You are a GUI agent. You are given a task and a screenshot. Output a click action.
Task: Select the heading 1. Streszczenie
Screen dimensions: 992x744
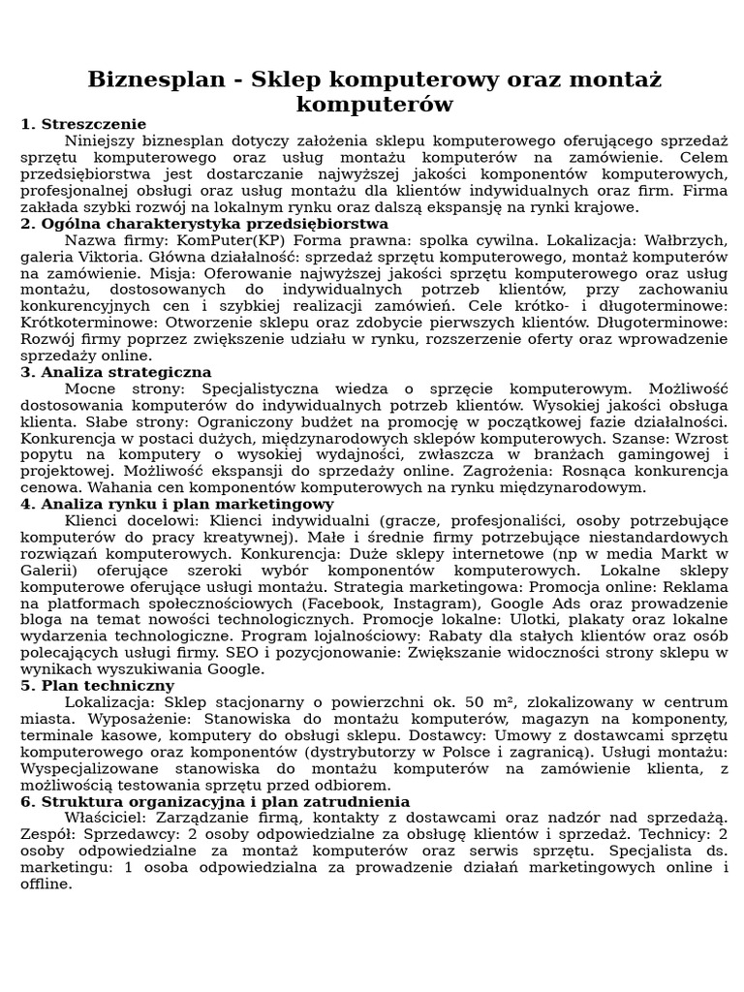[83, 124]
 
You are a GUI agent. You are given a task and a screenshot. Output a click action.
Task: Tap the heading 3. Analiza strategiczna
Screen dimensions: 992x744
[116, 372]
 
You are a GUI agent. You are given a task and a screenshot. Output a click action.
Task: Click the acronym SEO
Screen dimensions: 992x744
[274, 653]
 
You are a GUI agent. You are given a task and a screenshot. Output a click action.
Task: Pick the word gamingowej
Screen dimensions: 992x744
[635, 454]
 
